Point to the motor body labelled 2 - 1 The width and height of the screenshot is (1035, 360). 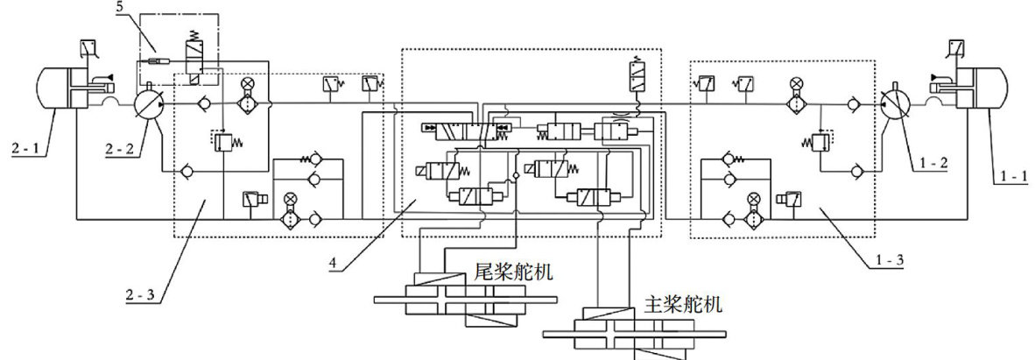[x=57, y=88]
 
